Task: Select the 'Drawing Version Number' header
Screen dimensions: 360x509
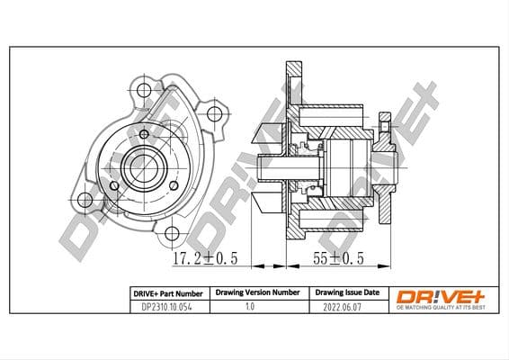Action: [x=256, y=293]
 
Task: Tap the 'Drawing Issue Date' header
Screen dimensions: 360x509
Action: [x=346, y=293]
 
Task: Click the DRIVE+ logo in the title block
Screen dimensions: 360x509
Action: [x=432, y=295]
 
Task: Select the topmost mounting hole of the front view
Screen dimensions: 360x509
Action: [x=144, y=89]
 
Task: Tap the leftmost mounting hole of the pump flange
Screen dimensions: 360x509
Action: [x=85, y=200]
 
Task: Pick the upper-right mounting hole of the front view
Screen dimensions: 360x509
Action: [x=213, y=114]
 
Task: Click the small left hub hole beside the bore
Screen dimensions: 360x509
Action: [x=114, y=186]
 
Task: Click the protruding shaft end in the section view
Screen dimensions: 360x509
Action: [x=264, y=167]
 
